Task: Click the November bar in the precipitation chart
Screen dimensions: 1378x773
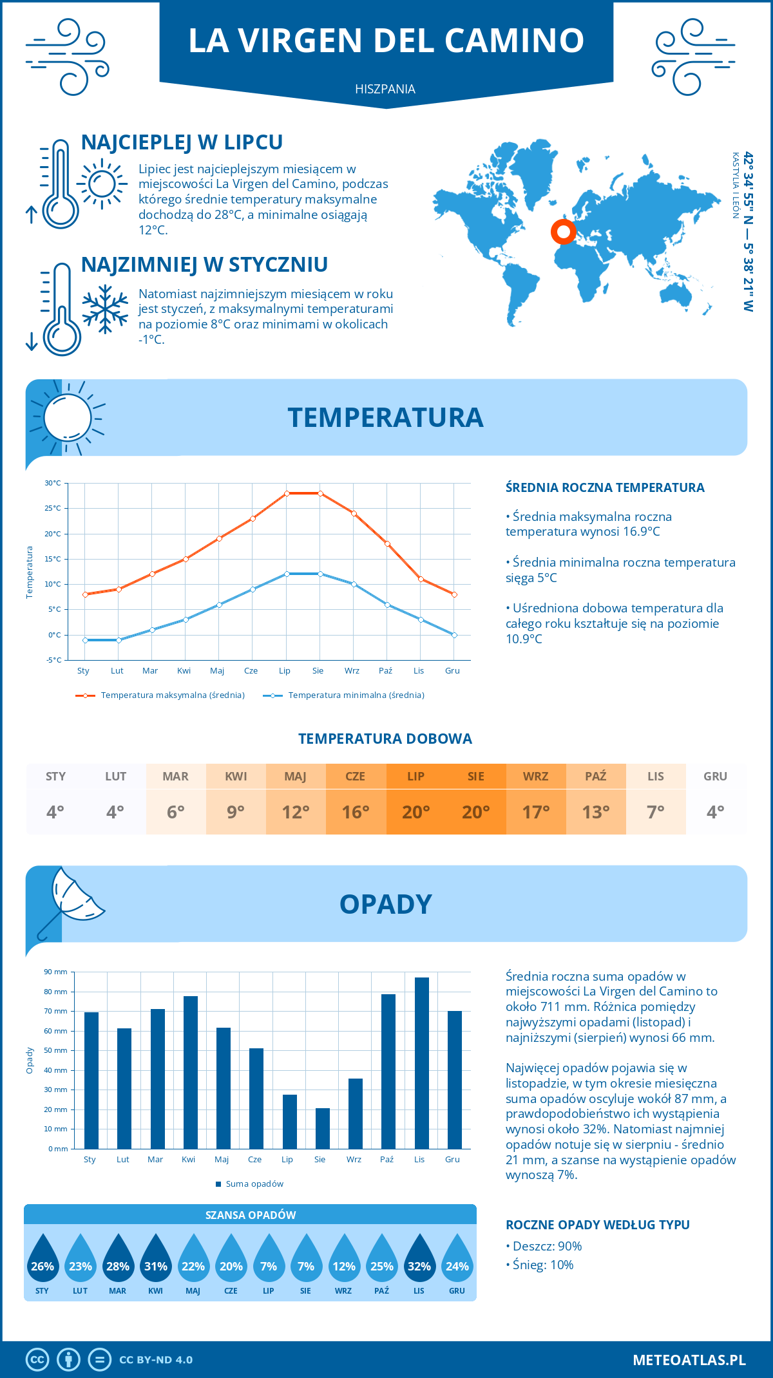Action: (x=421, y=1063)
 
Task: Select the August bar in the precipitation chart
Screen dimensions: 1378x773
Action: (x=323, y=1128)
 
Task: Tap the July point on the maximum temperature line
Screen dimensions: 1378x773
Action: (x=287, y=493)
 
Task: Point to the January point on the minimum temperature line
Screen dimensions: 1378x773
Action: (x=85, y=640)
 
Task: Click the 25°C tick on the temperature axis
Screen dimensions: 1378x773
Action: (x=53, y=508)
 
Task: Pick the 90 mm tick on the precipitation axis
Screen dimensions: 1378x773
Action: (x=56, y=972)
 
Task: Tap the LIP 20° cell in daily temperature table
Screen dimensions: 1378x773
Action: (x=416, y=799)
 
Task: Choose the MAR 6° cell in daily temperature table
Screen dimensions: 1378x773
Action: (x=176, y=799)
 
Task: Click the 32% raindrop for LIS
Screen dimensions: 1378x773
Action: (x=419, y=1259)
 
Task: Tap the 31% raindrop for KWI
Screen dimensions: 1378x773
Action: (x=156, y=1259)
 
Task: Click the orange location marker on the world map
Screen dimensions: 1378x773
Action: (x=564, y=232)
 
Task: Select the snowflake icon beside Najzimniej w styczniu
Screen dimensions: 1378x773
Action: (x=105, y=309)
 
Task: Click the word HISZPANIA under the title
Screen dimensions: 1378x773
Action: (x=385, y=89)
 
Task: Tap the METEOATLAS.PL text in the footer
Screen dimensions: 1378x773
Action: (x=689, y=1360)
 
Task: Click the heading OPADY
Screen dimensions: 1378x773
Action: (x=385, y=904)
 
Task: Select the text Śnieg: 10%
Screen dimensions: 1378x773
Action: (x=542, y=1265)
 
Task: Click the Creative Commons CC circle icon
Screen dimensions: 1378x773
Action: (x=37, y=1360)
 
